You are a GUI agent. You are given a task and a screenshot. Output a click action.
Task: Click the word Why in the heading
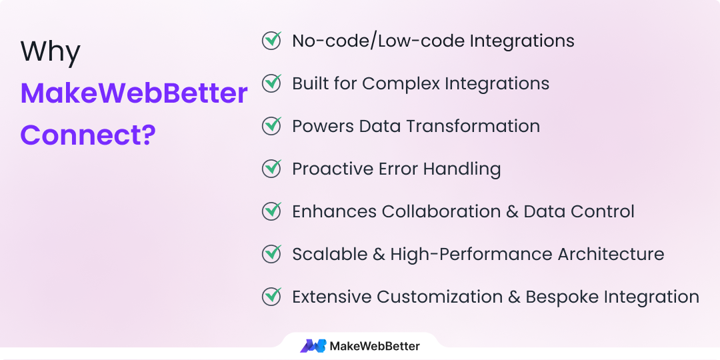(x=50, y=51)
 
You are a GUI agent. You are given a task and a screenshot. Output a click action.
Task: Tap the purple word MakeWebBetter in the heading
(x=134, y=93)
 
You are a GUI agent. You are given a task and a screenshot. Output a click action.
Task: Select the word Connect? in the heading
(x=88, y=135)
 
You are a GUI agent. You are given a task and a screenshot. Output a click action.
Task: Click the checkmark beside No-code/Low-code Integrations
(x=271, y=41)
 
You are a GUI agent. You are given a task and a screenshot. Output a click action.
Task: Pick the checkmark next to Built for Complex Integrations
(x=271, y=83)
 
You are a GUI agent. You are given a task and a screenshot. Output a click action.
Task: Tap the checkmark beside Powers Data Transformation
(x=271, y=126)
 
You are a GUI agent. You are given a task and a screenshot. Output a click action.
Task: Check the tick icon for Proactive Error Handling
(x=271, y=169)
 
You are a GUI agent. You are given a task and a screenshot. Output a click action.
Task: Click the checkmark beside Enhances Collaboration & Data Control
(x=271, y=211)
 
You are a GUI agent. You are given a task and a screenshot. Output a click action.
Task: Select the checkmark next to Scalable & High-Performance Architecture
(x=271, y=254)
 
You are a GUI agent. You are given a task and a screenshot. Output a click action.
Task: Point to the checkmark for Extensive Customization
(x=271, y=297)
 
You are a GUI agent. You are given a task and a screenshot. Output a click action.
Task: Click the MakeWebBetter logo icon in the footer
(x=313, y=346)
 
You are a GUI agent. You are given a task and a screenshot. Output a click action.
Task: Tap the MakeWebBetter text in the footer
(x=375, y=346)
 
